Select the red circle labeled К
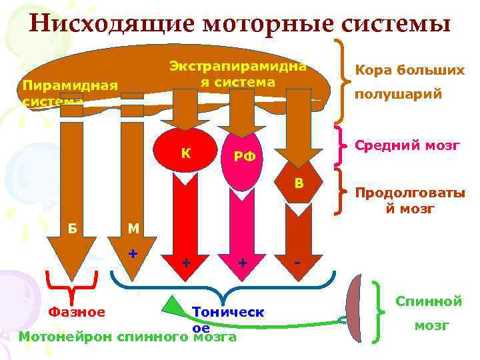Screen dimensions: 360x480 (187, 153)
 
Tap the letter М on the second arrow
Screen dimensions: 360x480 (133, 229)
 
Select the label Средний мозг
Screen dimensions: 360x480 (407, 145)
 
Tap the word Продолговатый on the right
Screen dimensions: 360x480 (409, 194)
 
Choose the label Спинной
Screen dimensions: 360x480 (429, 301)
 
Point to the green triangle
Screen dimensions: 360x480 (174, 308)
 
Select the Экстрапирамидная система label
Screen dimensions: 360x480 (237, 74)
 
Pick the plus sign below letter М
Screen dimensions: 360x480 (133, 255)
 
